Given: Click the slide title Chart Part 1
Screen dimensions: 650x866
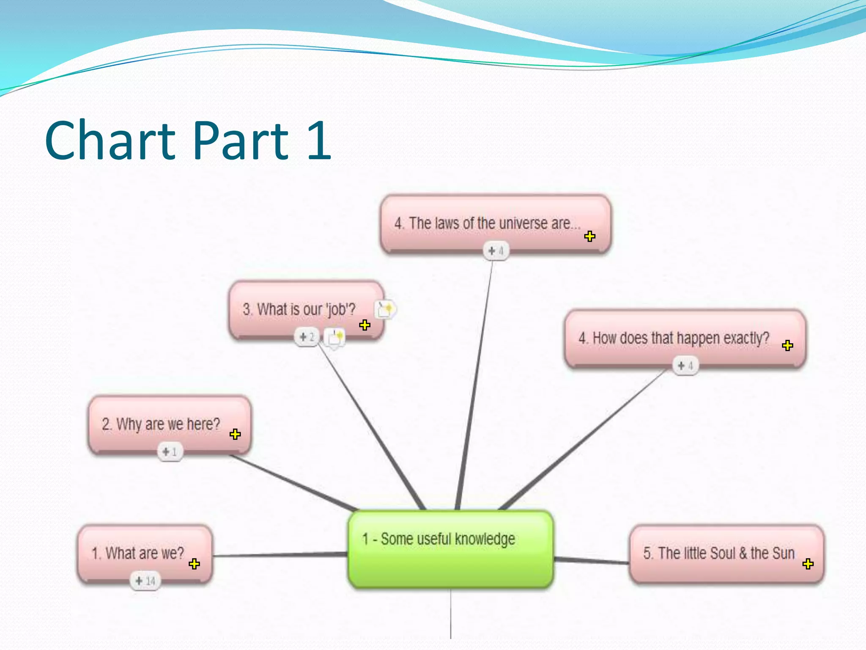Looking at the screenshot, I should [188, 140].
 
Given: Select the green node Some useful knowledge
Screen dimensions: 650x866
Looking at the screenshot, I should [450, 549].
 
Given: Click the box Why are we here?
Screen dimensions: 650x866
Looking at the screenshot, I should [161, 424].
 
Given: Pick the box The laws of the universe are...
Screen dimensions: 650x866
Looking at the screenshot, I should [486, 223].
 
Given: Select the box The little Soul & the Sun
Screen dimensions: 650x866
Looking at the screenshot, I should [719, 554].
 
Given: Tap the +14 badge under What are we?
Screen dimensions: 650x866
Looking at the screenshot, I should [145, 581].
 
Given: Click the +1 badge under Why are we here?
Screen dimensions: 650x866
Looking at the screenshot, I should [170, 452].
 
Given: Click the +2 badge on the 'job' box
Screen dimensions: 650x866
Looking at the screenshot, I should [307, 337].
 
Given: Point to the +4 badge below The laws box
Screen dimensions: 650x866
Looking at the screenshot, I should [496, 251].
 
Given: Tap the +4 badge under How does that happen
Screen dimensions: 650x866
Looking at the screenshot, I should [685, 366].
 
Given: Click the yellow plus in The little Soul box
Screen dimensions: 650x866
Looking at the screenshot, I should [808, 564].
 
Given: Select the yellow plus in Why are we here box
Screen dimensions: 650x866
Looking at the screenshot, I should [235, 434].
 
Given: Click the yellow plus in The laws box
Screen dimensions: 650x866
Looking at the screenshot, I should [589, 236].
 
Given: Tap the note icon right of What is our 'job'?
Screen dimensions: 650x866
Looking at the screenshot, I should [385, 309].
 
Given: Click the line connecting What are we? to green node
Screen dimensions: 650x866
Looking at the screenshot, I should [279, 555].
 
